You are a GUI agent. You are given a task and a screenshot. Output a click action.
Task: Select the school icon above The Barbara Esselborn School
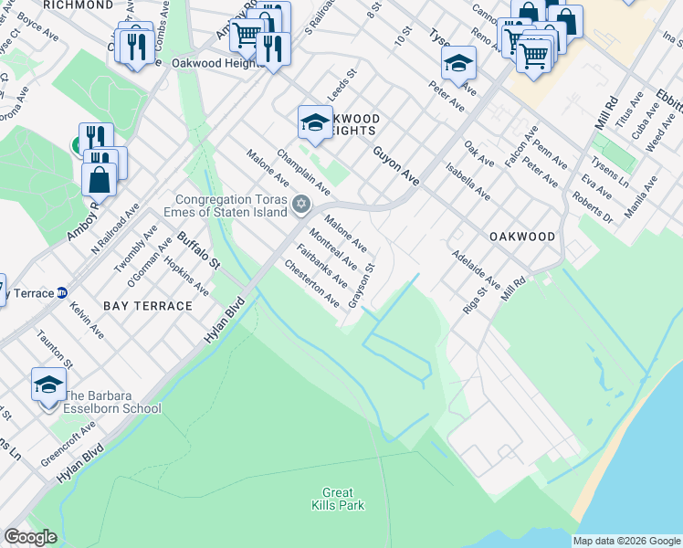tap(48, 385)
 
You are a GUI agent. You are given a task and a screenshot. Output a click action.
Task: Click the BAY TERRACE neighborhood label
tap(148, 305)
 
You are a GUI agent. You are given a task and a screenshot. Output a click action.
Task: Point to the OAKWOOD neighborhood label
tap(522, 236)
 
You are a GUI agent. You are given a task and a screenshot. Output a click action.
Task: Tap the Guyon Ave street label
tap(395, 169)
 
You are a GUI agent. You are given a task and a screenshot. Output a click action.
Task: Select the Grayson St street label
tap(368, 282)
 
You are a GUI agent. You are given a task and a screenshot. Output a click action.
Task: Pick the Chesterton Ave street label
tap(313, 284)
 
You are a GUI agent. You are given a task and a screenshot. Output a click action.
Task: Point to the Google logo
tap(30, 537)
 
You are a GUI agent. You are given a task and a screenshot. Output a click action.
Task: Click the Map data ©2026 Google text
tap(626, 541)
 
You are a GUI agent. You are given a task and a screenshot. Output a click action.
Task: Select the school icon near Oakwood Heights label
tap(315, 122)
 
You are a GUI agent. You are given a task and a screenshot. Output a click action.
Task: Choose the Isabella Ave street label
tap(467, 182)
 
